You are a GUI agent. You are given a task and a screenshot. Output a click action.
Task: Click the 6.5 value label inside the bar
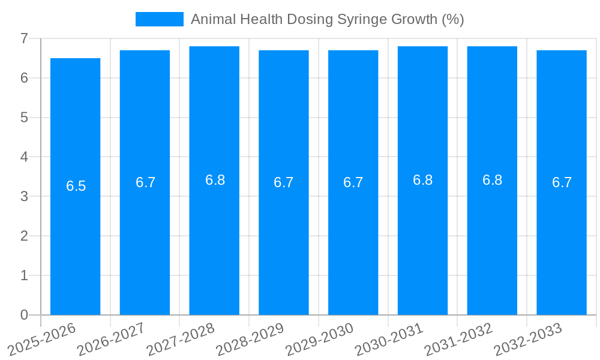[76, 186]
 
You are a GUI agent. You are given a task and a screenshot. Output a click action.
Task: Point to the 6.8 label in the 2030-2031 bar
[422, 180]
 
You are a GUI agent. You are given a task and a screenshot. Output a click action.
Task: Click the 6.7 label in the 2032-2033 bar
[562, 182]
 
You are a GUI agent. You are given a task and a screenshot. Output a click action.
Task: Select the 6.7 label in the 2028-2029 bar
[283, 182]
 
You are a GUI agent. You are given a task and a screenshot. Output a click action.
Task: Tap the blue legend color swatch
[159, 19]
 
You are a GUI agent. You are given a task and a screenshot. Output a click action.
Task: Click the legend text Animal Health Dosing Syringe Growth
[327, 19]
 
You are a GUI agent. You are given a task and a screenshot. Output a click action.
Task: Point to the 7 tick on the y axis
[24, 38]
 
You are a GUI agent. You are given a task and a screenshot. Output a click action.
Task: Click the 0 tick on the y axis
[24, 315]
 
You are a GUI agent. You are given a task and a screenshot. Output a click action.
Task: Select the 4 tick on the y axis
[24, 157]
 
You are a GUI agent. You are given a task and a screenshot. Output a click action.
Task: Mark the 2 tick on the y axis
[24, 236]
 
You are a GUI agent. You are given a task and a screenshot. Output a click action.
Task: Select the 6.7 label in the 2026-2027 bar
[145, 182]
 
